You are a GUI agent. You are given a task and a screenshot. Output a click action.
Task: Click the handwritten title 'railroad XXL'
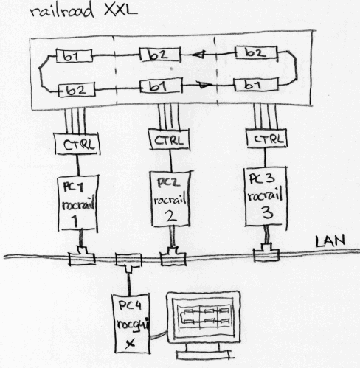pyautogui.click(x=83, y=11)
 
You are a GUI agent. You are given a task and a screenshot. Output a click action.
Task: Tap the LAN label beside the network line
pyautogui.click(x=330, y=241)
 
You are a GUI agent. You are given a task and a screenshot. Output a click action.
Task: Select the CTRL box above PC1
pyautogui.click(x=77, y=144)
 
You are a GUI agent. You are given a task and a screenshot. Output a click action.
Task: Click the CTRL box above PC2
pyautogui.click(x=169, y=139)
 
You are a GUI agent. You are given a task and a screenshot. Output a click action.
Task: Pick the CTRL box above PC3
pyautogui.click(x=267, y=138)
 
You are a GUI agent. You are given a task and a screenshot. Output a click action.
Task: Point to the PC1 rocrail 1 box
pyautogui.click(x=78, y=203)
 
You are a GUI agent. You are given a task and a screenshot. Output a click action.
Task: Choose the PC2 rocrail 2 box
pyautogui.click(x=170, y=198)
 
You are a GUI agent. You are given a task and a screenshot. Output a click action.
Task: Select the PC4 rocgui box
pyautogui.click(x=131, y=324)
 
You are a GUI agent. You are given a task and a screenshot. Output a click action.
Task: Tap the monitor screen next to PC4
pyautogui.click(x=204, y=317)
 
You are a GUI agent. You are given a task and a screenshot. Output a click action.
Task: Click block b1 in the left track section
pyautogui.click(x=75, y=56)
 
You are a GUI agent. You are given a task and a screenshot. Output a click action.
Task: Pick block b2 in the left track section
pyautogui.click(x=77, y=90)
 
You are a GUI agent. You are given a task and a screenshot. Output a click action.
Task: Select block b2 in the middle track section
pyautogui.click(x=160, y=55)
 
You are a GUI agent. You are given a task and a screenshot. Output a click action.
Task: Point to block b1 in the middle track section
pyautogui.click(x=161, y=86)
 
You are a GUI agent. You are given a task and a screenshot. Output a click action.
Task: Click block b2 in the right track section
pyautogui.click(x=256, y=52)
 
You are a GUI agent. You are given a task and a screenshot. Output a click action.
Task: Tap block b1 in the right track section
pyautogui.click(x=256, y=85)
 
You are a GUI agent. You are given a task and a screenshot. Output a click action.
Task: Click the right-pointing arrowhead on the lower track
pyautogui.click(x=204, y=85)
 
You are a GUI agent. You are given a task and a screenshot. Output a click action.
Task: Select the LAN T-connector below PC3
pyautogui.click(x=266, y=252)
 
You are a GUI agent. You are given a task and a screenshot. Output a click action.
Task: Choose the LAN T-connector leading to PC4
pyautogui.click(x=128, y=263)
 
